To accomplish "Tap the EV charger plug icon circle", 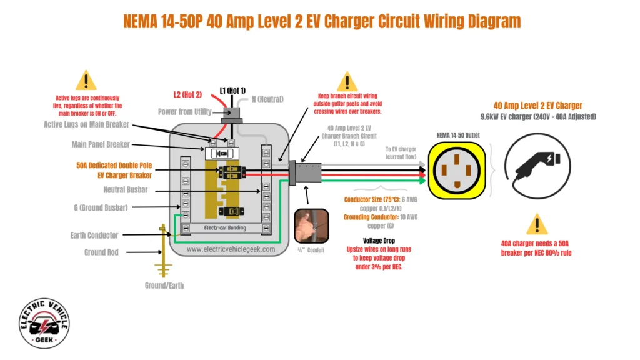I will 537,169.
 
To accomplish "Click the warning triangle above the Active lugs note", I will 86,81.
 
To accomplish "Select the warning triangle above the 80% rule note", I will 536,224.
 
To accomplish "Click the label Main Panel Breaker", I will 101,144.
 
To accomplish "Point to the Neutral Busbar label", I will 126,190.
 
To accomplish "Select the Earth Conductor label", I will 94,236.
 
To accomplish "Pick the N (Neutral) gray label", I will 267,99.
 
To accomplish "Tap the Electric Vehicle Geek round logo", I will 44,323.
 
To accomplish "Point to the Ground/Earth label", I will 164,286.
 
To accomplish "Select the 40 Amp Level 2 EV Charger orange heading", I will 537,105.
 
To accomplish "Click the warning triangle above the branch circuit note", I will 347,82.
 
